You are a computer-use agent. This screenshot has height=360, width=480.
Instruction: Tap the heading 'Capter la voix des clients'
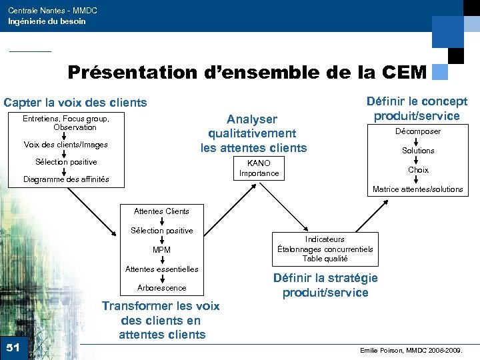point(75,103)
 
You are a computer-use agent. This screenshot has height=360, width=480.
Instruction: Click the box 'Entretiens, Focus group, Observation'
point(66,123)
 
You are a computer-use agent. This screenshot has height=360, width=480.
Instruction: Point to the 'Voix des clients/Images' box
point(66,145)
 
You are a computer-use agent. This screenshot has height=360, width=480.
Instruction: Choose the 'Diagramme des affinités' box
point(66,179)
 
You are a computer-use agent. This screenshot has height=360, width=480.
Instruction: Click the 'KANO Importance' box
point(259,168)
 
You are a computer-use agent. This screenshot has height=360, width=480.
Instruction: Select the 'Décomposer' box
point(418,131)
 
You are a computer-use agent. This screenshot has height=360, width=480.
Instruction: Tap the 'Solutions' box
point(418,151)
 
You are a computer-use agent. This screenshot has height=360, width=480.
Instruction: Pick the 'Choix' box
point(418,170)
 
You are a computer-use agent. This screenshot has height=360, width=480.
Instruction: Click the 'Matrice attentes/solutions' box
point(418,189)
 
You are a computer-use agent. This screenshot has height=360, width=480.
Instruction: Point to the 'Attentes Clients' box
point(161,211)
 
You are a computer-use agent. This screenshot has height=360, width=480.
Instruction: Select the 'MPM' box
point(161,250)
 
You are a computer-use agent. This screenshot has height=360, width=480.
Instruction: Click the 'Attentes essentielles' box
point(161,269)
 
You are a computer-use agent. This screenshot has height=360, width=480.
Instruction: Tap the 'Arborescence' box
point(161,288)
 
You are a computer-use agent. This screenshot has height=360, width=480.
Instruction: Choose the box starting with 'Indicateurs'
point(325,249)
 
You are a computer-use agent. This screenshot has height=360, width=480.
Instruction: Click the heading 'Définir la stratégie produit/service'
point(325,285)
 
